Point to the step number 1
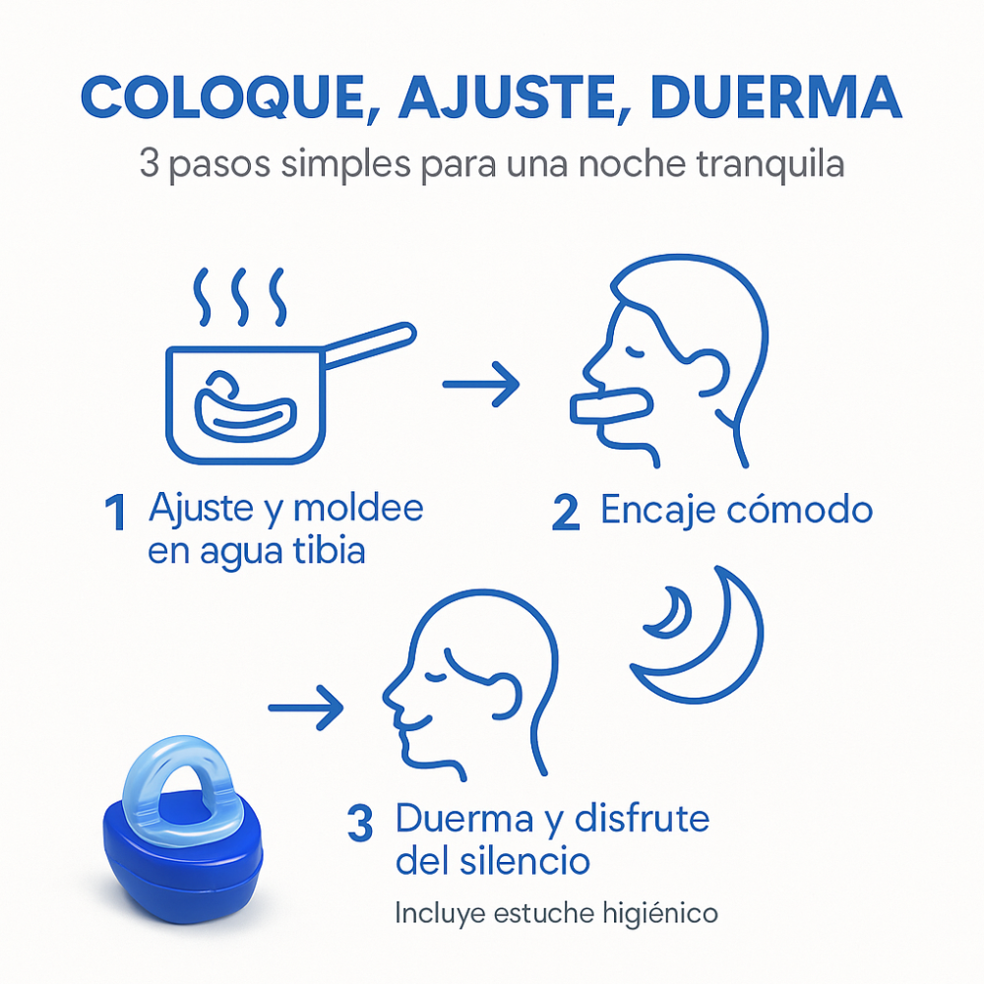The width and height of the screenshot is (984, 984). click(x=116, y=514)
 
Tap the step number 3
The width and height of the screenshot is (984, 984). click(x=361, y=825)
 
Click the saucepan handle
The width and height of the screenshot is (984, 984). click(x=369, y=344)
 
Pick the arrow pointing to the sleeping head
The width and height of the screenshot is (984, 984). click(x=306, y=706)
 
